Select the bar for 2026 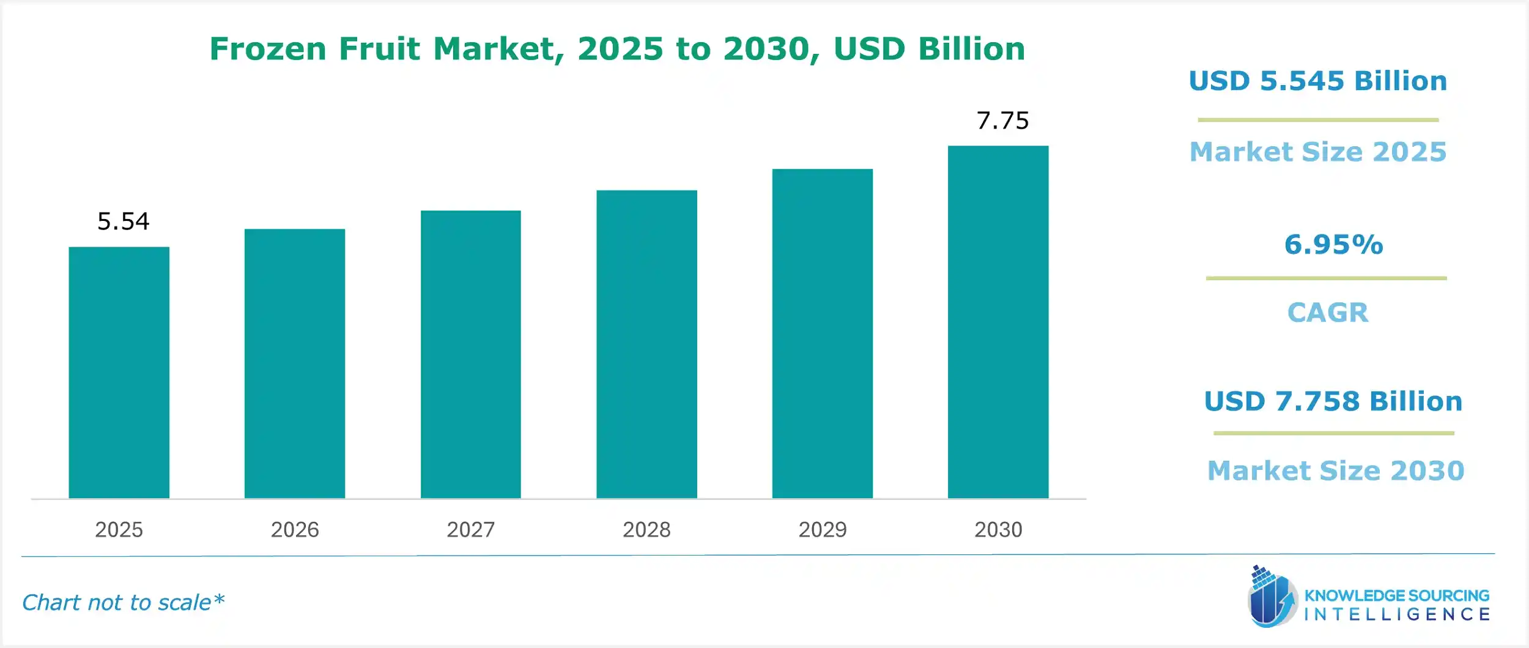click(295, 363)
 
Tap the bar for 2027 click(470, 354)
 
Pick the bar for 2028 click(646, 344)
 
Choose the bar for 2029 click(822, 333)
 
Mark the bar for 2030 click(998, 322)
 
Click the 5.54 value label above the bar click(123, 222)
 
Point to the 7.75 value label click(1002, 121)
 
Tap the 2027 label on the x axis click(470, 529)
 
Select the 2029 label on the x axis click(822, 529)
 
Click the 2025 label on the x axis click(119, 529)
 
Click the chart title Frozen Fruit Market click(617, 49)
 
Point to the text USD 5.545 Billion click(1318, 81)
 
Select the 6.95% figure click(1333, 245)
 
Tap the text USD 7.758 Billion click(1333, 401)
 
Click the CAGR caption click(1328, 313)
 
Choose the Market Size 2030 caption click(1336, 471)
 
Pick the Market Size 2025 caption click(1318, 152)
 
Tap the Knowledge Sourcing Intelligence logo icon click(1272, 597)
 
